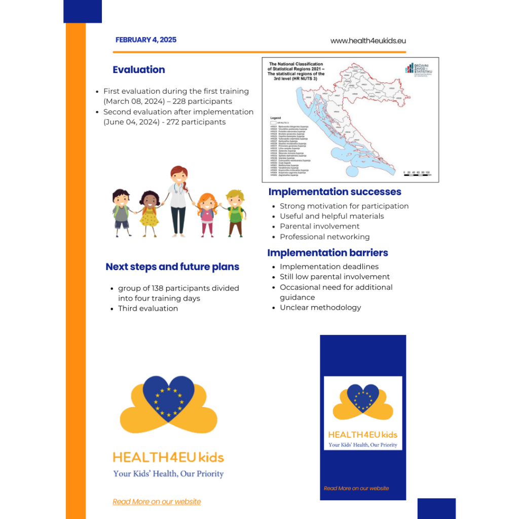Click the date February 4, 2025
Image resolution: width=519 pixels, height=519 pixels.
tap(146, 40)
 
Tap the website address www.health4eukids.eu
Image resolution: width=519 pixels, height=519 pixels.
tap(368, 41)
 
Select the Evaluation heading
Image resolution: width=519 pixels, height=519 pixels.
tap(139, 70)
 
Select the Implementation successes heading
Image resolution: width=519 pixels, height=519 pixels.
tap(335, 192)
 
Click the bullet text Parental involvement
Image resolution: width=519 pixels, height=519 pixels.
tap(319, 226)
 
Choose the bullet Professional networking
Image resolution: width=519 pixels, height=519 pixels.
tap(324, 237)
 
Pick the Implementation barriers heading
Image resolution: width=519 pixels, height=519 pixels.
tap(327, 252)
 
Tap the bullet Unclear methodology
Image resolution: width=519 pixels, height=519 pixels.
tap(320, 307)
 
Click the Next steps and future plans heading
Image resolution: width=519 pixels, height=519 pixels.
tap(172, 267)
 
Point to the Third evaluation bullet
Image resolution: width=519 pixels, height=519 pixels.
tap(148, 308)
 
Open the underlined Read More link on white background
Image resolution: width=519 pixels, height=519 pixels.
tap(157, 502)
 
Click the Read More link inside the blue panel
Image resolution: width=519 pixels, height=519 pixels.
tap(356, 489)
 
